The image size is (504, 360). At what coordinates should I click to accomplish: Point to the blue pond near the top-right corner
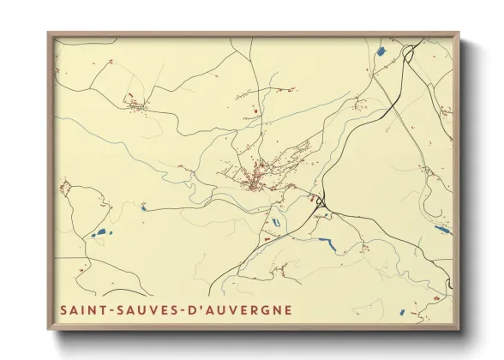tap(381, 51)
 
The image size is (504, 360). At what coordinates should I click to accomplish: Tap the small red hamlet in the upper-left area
tap(135, 105)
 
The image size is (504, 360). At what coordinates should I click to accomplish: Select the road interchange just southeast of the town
tap(321, 203)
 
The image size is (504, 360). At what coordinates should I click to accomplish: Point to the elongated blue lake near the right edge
tap(441, 229)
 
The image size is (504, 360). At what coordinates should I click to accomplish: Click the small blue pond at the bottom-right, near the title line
tap(441, 297)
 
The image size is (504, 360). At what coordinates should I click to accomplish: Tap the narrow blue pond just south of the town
tap(276, 222)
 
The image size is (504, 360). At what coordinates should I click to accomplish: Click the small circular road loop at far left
tap(65, 186)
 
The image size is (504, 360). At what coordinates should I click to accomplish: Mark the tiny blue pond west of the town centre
tap(143, 207)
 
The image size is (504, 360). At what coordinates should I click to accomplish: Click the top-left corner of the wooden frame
tap(49, 34)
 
